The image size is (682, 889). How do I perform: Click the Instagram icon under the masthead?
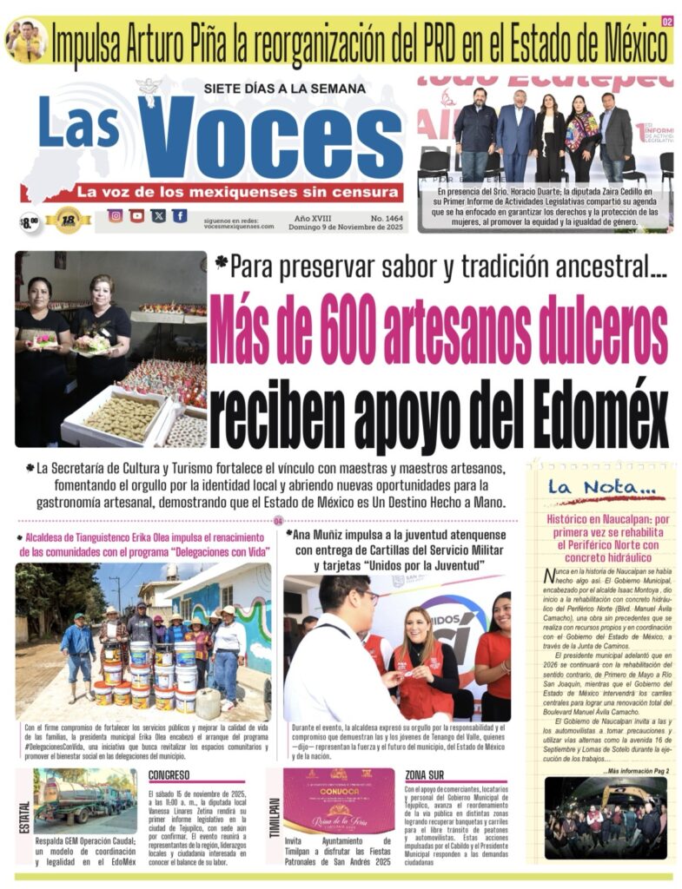[115, 216]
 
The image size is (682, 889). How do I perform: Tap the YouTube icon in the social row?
[136, 216]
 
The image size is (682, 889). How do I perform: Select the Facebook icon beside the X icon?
[179, 216]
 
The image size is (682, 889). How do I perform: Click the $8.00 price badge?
[30, 222]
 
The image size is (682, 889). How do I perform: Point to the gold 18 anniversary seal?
[69, 221]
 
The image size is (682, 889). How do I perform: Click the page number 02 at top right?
[667, 21]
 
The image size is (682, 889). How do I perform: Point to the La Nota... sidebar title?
[589, 488]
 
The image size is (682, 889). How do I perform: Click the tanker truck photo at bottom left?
[85, 802]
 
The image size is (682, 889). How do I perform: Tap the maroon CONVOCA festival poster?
[339, 800]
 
